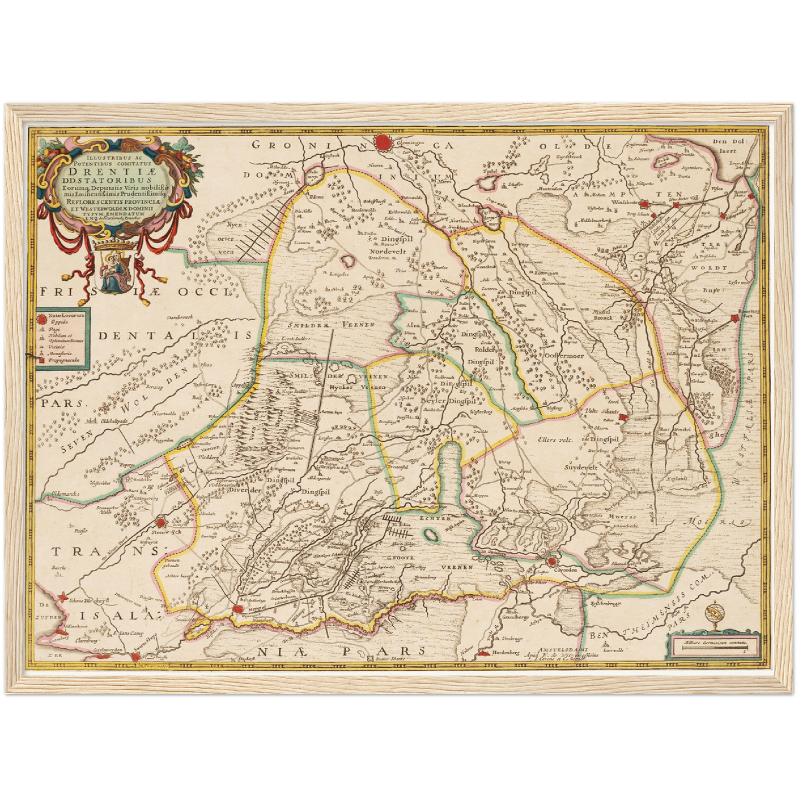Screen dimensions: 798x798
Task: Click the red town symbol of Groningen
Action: [x=383, y=142]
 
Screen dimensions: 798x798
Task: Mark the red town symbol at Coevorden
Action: [x=552, y=562]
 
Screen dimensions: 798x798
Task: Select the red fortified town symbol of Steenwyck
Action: [x=161, y=522]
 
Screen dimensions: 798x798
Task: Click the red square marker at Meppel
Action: [x=238, y=608]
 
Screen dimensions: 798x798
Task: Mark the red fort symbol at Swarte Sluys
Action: [x=136, y=656]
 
